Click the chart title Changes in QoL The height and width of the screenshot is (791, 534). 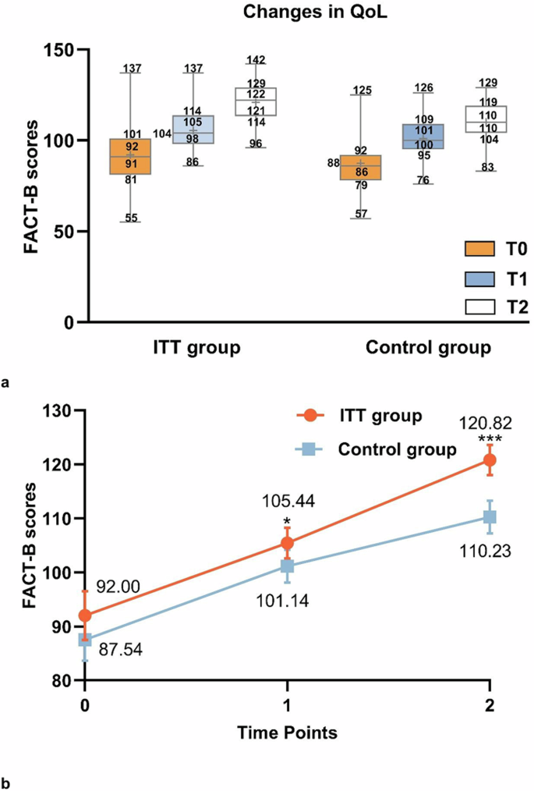pyautogui.click(x=267, y=12)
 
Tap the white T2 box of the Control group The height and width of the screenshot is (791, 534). pyautogui.click(x=481, y=119)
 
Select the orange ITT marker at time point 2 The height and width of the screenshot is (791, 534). pyautogui.click(x=490, y=460)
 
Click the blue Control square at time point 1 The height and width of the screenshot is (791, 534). pyautogui.click(x=288, y=566)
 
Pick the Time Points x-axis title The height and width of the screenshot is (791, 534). pyautogui.click(x=287, y=733)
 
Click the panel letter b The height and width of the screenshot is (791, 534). pyautogui.click(x=7, y=779)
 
